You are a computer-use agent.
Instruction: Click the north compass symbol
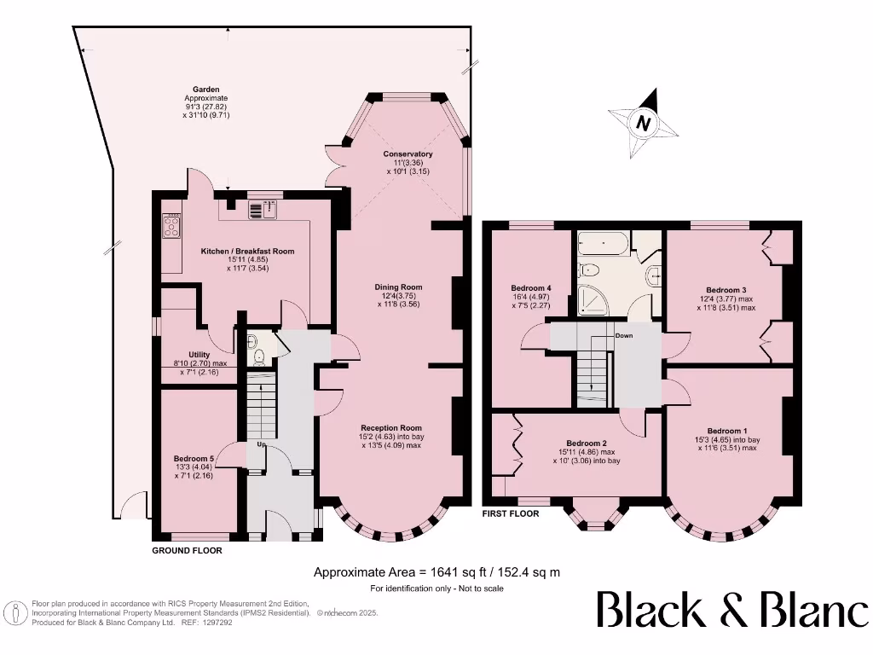click(644, 124)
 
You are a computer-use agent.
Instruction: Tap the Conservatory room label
click(408, 154)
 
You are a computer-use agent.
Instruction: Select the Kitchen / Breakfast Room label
click(247, 252)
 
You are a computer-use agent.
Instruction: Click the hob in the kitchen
click(171, 227)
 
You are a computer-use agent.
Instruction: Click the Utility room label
click(199, 355)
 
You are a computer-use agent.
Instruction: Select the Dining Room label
click(399, 287)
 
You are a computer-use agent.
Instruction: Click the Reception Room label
click(390, 428)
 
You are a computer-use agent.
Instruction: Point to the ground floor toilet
click(257, 344)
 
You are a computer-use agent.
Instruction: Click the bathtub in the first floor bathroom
click(603, 244)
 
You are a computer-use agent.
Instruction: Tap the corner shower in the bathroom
click(592, 298)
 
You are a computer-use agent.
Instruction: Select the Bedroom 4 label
click(531, 288)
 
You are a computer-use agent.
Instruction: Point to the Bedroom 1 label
click(727, 431)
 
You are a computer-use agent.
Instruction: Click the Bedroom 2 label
click(587, 443)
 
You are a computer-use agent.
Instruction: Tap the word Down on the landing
click(624, 336)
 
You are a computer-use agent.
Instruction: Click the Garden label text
click(206, 90)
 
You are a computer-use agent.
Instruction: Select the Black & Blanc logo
click(731, 611)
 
